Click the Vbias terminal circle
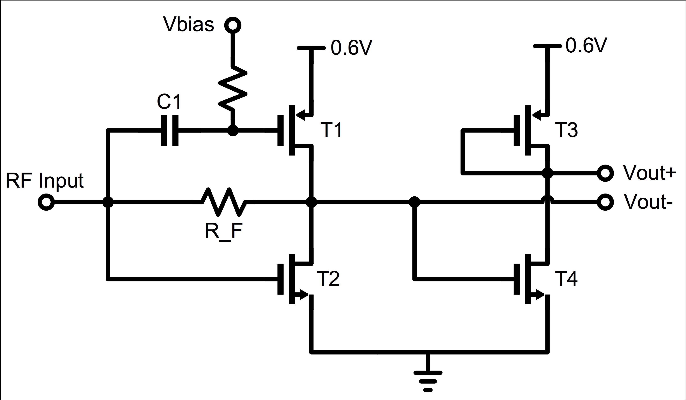tap(233, 25)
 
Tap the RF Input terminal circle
tap(46, 202)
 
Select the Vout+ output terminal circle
tap(605, 173)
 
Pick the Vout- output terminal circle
tap(605, 202)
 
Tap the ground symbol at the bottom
tap(428, 381)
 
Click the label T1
tap(331, 130)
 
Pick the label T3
tap(567, 130)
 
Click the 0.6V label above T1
tap(351, 48)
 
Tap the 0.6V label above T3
tap(586, 45)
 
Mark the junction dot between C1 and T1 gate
tap(233, 130)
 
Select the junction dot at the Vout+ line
tap(547, 173)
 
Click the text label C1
tap(169, 102)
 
